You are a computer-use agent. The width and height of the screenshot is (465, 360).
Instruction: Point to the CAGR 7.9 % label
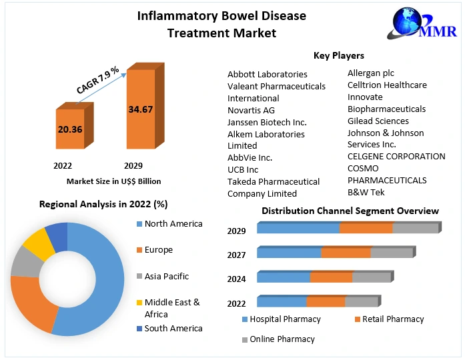click(x=97, y=80)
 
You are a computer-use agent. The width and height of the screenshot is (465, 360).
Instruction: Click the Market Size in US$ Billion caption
click(x=113, y=181)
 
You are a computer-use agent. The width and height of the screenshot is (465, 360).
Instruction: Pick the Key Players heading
click(x=339, y=55)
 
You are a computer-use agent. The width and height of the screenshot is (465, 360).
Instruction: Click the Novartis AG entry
click(x=251, y=110)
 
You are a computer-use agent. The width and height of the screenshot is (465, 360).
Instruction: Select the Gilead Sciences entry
click(x=378, y=121)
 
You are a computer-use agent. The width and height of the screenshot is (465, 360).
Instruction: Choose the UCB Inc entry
click(x=243, y=169)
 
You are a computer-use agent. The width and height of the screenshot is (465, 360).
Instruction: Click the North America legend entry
click(x=173, y=223)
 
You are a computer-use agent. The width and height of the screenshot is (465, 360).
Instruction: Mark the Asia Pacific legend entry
click(x=167, y=276)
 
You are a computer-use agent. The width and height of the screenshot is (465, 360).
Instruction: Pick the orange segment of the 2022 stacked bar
click(x=326, y=301)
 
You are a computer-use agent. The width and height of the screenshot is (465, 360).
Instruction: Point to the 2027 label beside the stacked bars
click(x=237, y=255)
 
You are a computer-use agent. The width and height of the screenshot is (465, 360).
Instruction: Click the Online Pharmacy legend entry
click(x=282, y=339)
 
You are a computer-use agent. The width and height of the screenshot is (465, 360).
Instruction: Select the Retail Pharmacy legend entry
click(x=393, y=319)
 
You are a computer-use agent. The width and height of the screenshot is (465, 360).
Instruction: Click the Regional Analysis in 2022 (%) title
click(x=103, y=204)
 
